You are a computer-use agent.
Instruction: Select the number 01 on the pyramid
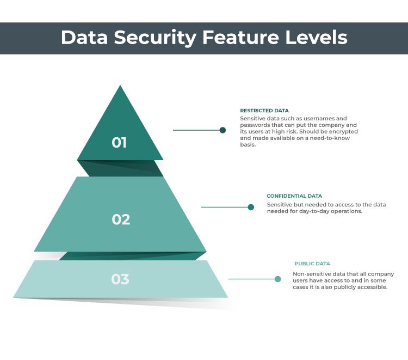pos(119,143)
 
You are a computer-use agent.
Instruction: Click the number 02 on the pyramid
pos(121,219)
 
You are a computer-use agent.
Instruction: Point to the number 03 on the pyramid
pos(120,279)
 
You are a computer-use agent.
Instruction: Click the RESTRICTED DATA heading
pos(264,111)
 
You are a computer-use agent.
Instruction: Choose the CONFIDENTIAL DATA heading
pos(294,196)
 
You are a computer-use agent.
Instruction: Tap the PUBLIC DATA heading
pos(312,264)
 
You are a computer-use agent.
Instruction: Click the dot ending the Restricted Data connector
pos(222,130)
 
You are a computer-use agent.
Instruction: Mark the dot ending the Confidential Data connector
pos(251,207)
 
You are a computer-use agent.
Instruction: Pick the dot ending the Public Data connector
pos(278,279)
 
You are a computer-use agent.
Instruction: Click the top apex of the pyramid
pos(120,87)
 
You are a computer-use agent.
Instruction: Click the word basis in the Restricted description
pos(248,145)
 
